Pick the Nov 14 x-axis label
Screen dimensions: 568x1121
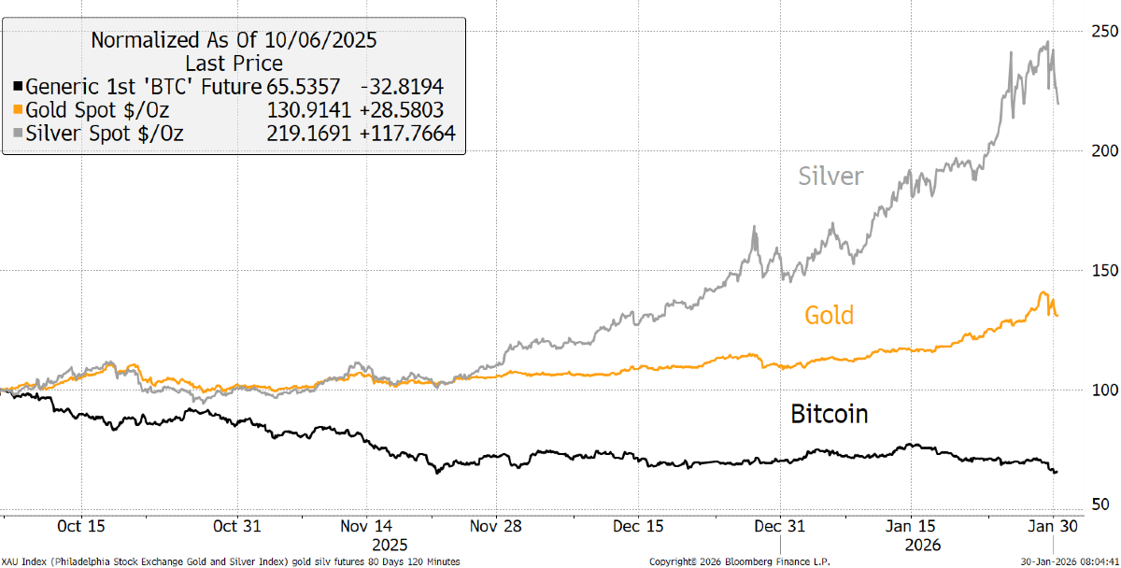pos(368,525)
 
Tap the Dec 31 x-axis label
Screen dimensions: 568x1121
pos(780,525)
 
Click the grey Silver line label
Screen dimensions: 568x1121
pos(830,176)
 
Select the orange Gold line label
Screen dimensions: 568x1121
pos(830,315)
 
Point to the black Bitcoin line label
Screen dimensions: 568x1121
pos(829,413)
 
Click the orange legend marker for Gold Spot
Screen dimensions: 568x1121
pos(18,110)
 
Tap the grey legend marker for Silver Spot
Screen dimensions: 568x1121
pos(18,134)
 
